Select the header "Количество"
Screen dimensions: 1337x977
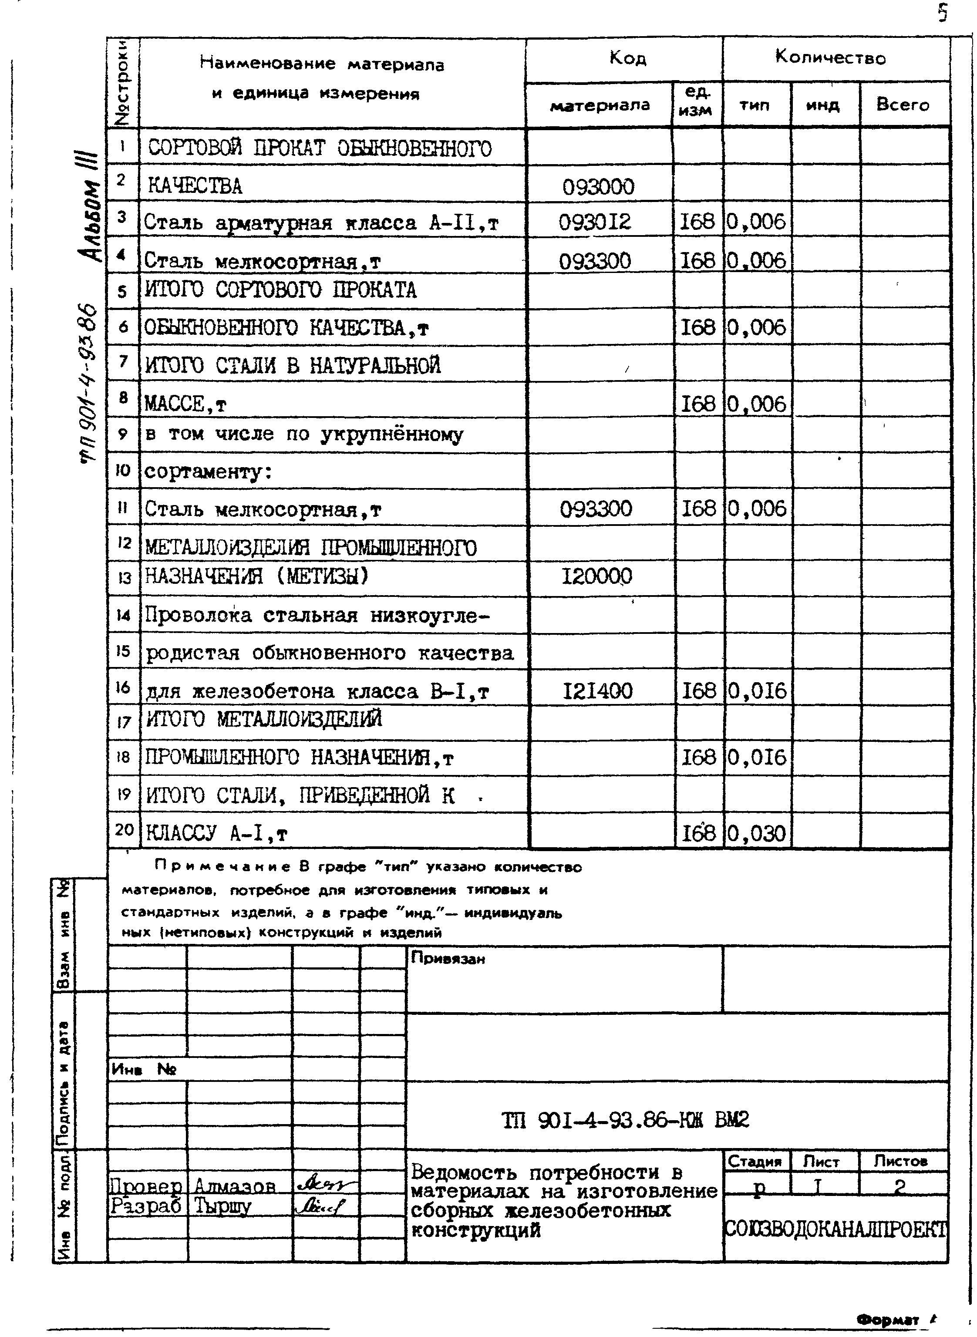coord(830,58)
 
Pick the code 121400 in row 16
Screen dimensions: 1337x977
coord(597,690)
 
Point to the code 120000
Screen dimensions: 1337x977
coord(597,576)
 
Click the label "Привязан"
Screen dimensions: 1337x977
coord(448,959)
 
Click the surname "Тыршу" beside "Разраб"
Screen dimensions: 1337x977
coord(222,1205)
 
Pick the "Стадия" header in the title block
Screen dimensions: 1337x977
coord(755,1162)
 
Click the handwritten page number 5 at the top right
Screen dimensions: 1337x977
coord(943,12)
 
